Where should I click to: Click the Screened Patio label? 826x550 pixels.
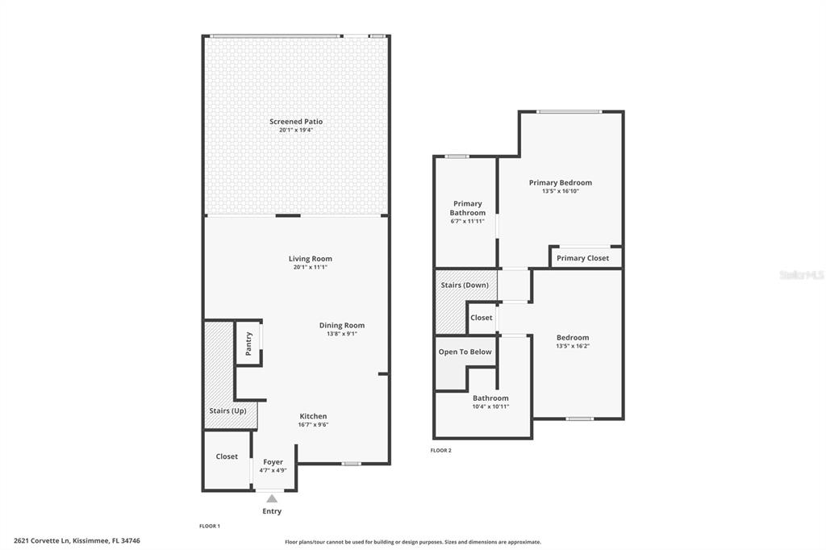point(296,121)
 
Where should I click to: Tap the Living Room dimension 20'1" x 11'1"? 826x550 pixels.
point(311,267)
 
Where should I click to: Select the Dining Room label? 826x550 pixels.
point(342,325)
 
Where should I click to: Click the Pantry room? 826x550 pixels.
point(248,343)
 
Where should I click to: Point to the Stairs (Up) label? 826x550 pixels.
point(227,410)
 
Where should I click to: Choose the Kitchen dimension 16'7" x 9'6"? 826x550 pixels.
point(314,425)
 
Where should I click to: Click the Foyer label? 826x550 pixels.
point(273,462)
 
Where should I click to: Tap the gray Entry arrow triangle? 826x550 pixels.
point(272,498)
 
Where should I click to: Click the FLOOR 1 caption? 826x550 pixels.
point(210,526)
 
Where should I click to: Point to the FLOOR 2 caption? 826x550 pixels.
point(441,451)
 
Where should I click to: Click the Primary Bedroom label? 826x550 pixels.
point(561,182)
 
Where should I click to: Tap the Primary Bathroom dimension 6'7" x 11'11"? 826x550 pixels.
point(467,221)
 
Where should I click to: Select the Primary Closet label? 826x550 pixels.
point(582,258)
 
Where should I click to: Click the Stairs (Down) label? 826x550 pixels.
point(465,285)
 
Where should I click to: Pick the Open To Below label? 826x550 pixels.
point(465,352)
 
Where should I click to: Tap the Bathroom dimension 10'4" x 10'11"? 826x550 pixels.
point(490,406)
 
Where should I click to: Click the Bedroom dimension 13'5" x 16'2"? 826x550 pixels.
point(573,346)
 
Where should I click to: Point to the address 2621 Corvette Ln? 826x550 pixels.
point(42,540)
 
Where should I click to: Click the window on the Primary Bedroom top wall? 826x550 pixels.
point(569,111)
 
